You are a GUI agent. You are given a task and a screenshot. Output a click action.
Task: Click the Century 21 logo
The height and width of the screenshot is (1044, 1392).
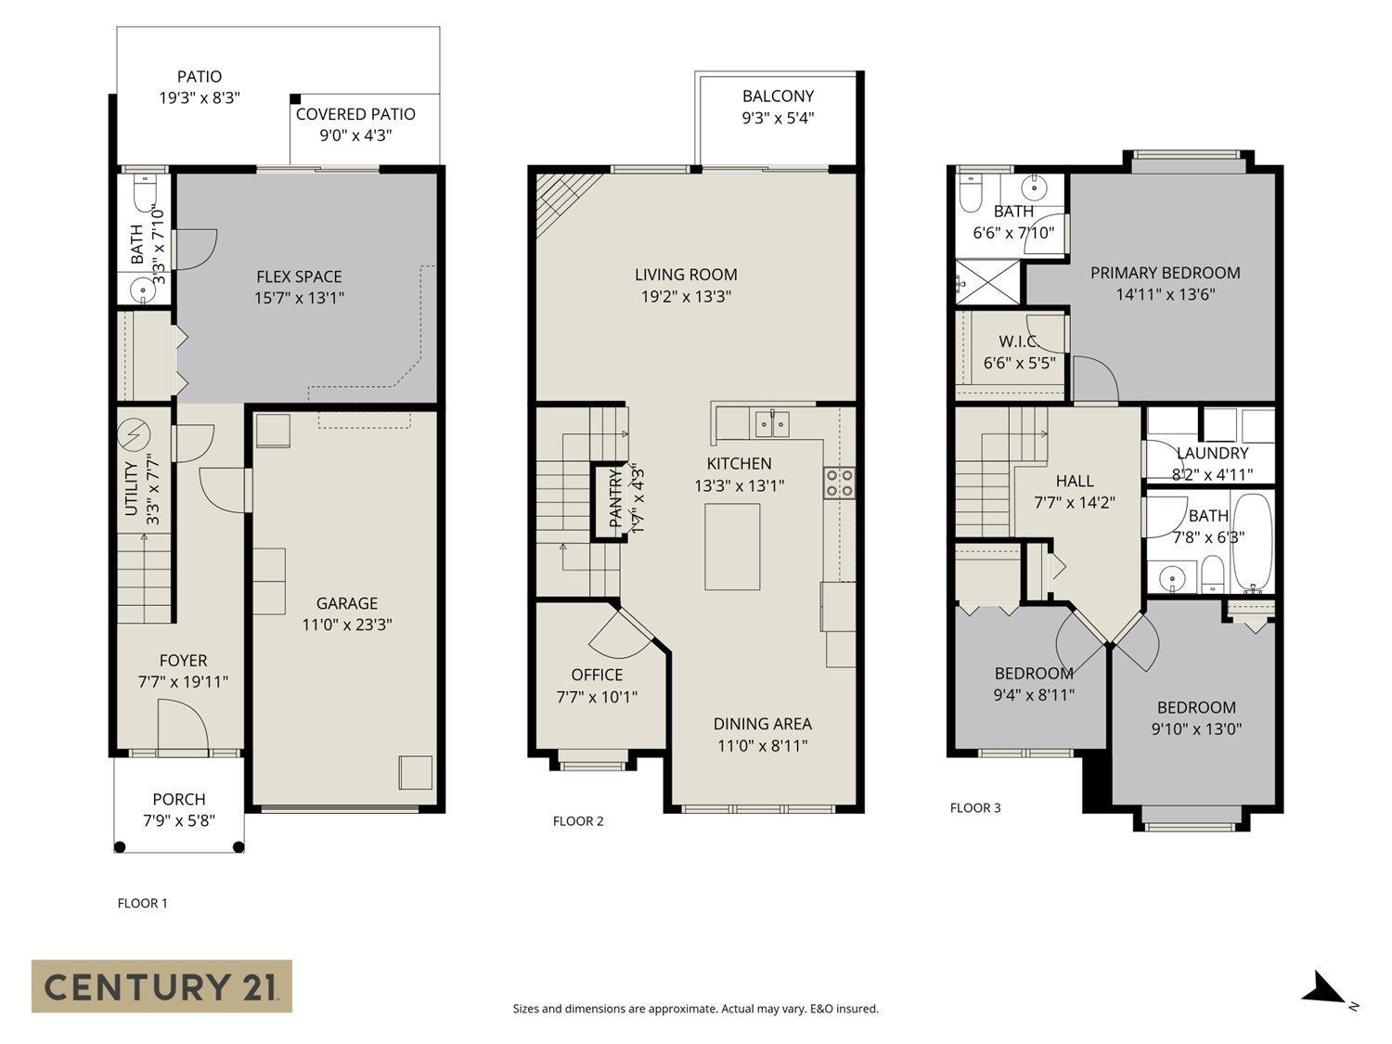point(161,986)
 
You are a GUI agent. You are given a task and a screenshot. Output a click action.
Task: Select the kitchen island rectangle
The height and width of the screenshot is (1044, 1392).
point(732,547)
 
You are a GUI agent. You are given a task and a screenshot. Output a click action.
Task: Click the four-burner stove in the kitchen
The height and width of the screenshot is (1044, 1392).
point(839,483)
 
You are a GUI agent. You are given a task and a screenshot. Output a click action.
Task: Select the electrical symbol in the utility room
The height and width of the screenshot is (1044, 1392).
point(135,433)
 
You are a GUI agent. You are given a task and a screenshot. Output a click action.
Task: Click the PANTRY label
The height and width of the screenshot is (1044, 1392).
point(615,500)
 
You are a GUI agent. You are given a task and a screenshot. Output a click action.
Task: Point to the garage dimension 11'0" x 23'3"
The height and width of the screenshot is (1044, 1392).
point(347,625)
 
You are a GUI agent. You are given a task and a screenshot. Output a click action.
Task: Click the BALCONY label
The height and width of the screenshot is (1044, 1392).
point(778,96)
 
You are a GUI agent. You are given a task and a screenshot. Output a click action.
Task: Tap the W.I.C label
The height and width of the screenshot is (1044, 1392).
point(1018,342)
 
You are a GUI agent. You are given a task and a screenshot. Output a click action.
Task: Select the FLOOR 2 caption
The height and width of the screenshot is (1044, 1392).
point(578,820)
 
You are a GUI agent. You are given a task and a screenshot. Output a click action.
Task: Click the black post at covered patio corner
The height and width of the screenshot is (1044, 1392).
point(295,99)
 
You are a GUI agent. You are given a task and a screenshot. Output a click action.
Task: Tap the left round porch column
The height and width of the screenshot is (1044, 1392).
point(120,846)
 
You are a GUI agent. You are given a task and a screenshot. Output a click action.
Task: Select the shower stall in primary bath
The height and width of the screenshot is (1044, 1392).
point(989,281)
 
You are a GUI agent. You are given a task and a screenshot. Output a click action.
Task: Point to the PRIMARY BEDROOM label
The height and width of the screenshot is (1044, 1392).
point(1165,273)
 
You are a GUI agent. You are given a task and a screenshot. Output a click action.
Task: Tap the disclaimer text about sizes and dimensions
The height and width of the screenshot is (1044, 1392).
point(695,1009)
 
